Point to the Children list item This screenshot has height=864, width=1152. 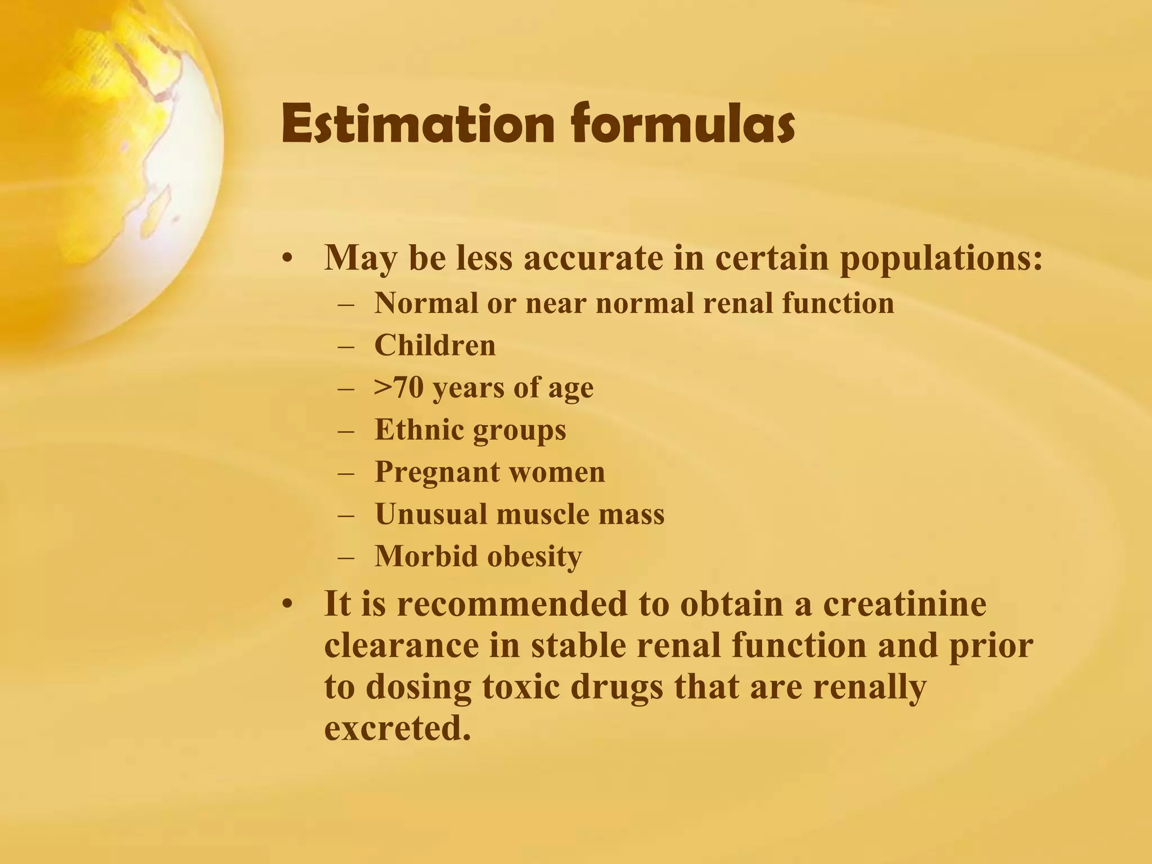[435, 345]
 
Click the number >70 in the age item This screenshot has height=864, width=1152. [399, 388]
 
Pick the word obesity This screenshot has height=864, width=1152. [534, 556]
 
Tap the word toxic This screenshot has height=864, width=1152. [521, 687]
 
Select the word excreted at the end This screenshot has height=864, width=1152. [397, 729]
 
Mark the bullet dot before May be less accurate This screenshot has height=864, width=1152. [288, 259]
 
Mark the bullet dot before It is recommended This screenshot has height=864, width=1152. [288, 605]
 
